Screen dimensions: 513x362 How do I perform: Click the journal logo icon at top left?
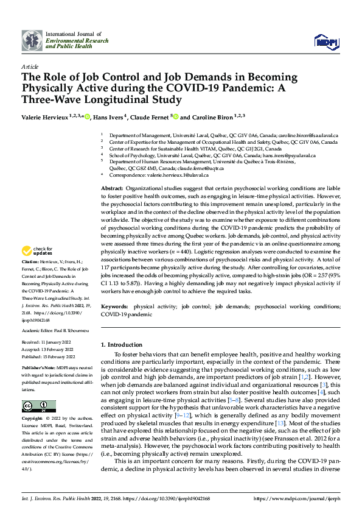pyautogui.click(x=32, y=40)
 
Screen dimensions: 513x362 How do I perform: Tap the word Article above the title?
pyautogui.click(x=30, y=66)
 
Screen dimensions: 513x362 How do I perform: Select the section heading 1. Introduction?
pyautogui.click(x=124, y=345)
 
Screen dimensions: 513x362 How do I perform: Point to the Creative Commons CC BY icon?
pyautogui.click(x=38, y=406)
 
